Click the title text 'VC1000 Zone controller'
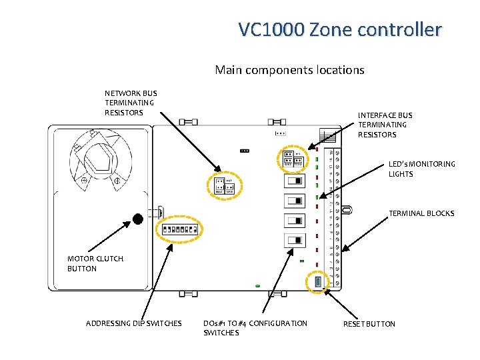340,30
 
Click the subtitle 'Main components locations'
289,69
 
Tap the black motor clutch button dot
137,219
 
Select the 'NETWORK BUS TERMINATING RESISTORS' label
131,103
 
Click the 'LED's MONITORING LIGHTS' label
422,169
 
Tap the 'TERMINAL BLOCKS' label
421,213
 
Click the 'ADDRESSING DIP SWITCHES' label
133,323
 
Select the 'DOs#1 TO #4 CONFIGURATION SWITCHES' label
255,327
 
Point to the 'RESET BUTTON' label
369,324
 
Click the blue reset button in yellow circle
318,283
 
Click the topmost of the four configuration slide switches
293,181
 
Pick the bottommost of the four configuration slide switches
293,240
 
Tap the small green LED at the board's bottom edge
257,286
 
